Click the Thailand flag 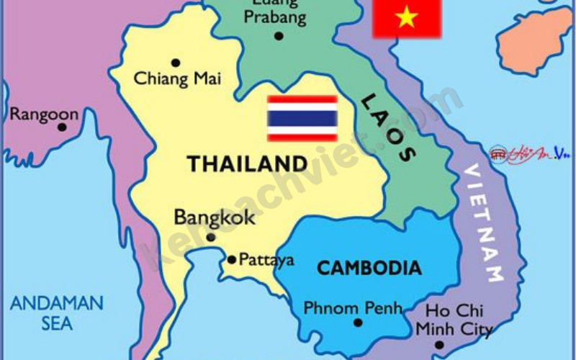pyautogui.click(x=302, y=118)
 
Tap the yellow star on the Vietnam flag pyautogui.click(x=407, y=17)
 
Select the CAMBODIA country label pyautogui.click(x=369, y=268)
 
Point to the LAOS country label pyautogui.click(x=387, y=127)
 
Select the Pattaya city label pyautogui.click(x=266, y=259)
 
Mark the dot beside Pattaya pyautogui.click(x=231, y=259)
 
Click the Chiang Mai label pyautogui.click(x=177, y=78)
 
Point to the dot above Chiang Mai pyautogui.click(x=175, y=63)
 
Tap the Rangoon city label pyautogui.click(x=44, y=114)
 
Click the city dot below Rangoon pyautogui.click(x=62, y=127)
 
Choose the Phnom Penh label pyautogui.click(x=352, y=308)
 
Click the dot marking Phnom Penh pyautogui.click(x=358, y=323)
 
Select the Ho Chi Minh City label pyautogui.click(x=454, y=320)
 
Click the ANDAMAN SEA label pyautogui.click(x=57, y=312)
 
